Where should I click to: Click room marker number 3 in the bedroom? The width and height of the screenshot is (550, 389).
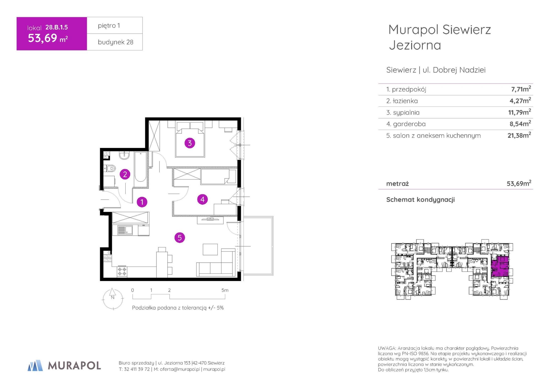[x=190, y=143]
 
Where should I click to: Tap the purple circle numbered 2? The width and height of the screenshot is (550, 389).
[x=125, y=174]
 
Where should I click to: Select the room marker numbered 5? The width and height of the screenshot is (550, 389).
[x=180, y=238]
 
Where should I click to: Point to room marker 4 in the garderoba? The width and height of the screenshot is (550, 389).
[x=203, y=199]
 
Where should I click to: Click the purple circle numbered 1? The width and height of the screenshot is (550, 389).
[x=142, y=202]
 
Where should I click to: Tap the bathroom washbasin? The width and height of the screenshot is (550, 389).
[x=124, y=156]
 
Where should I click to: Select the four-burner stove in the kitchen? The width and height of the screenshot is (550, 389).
[x=122, y=272]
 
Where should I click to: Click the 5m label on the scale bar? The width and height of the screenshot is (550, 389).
[x=225, y=290]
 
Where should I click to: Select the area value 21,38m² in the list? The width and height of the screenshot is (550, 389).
[x=519, y=135]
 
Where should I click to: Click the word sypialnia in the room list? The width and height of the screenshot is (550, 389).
[x=406, y=113]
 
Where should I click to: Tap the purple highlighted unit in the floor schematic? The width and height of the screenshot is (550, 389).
[x=500, y=266]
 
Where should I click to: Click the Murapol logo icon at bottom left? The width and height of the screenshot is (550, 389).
[x=35, y=365]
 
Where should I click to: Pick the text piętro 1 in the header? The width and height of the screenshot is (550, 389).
[x=109, y=26]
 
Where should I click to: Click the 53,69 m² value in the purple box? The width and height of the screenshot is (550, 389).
[x=48, y=38]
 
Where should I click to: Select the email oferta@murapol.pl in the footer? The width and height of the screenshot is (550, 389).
[x=180, y=369]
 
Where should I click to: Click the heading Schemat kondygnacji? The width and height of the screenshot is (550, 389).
[x=420, y=200]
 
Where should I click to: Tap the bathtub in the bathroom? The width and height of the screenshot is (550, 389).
[x=140, y=167]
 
